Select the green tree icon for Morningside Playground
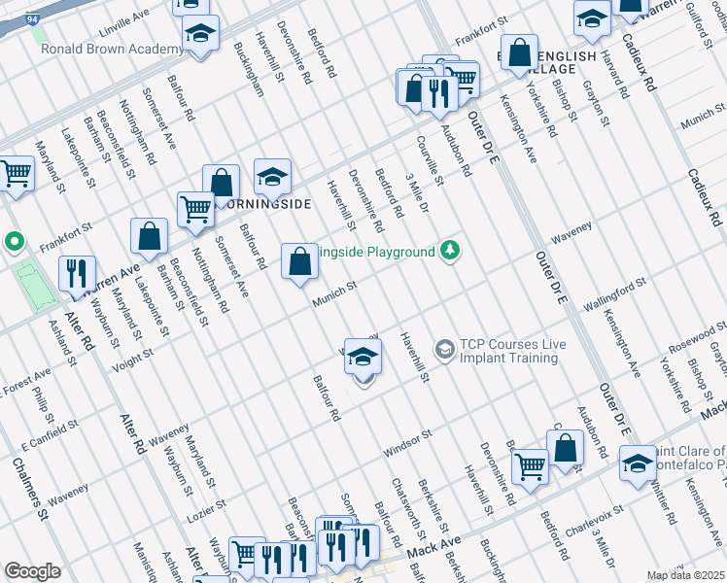click(449, 251)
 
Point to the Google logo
click(32, 571)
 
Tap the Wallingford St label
click(614, 295)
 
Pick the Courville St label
click(431, 161)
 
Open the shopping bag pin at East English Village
click(520, 53)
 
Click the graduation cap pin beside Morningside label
click(272, 178)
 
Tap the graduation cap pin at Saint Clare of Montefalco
click(639, 463)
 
